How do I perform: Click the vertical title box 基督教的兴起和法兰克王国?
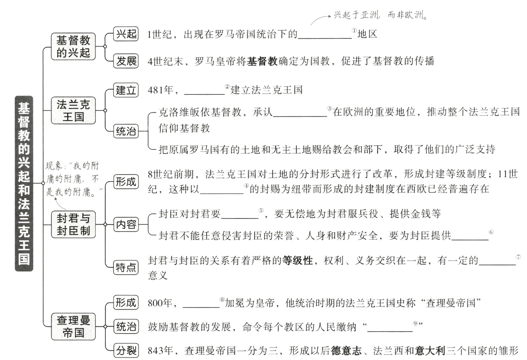24,183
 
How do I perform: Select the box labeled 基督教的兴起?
73,47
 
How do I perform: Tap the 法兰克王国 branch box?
73,110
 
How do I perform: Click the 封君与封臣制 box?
73,224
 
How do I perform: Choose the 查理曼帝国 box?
73,326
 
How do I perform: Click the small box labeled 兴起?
126,34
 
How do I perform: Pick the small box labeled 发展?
126,61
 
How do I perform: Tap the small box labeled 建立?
126,90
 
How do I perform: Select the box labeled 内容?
126,224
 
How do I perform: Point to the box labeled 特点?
126,267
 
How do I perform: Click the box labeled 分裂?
126,350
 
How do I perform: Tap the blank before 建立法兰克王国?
204,91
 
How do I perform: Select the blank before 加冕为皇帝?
201,304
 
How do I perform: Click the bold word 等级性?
298,260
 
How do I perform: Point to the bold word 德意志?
346,350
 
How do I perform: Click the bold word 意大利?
430,350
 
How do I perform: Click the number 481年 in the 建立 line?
161,90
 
